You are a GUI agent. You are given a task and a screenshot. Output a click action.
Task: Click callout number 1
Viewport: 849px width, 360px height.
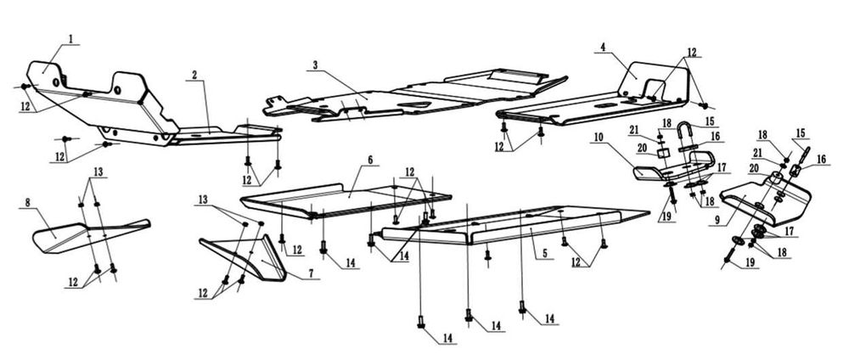[71, 38]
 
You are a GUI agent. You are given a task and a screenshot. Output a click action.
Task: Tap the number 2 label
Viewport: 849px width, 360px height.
[194, 75]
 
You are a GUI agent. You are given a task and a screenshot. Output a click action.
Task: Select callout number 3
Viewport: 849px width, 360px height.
[315, 65]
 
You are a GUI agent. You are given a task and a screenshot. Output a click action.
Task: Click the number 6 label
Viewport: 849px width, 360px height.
[371, 159]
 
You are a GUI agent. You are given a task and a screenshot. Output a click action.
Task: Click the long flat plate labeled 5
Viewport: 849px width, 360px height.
[509, 222]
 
